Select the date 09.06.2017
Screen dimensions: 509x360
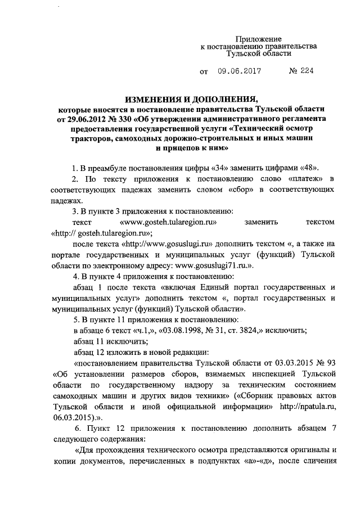238,72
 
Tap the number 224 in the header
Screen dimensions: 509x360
302,72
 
